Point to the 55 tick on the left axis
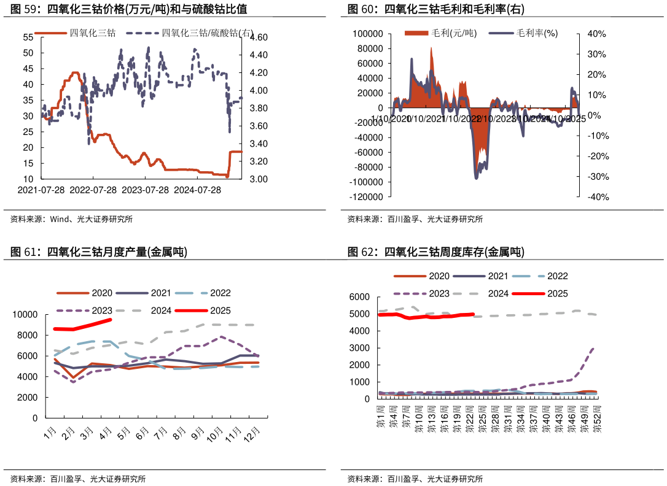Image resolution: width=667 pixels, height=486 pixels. [x=28, y=37]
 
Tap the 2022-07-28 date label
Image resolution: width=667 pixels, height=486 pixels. [x=93, y=190]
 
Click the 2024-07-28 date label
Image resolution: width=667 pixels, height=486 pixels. [x=198, y=190]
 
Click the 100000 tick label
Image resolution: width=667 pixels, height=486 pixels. [x=369, y=34]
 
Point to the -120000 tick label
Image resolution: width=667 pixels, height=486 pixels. [x=367, y=197]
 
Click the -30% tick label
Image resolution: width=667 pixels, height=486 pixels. [x=596, y=177]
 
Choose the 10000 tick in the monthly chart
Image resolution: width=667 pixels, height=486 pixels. [x=25, y=315]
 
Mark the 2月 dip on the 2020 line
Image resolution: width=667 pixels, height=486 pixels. [x=74, y=378]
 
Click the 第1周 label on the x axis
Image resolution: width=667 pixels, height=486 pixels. [x=381, y=416]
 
